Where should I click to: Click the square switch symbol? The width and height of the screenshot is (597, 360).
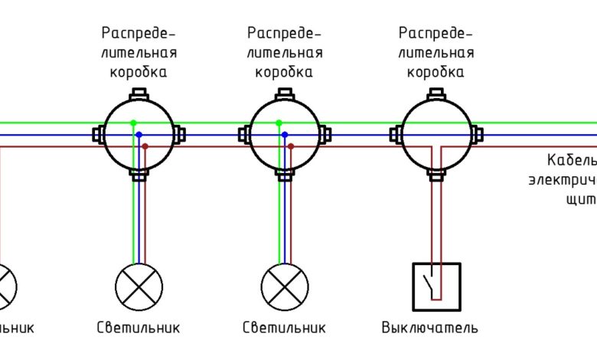(x=437, y=287)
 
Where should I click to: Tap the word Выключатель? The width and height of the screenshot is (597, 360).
(x=430, y=328)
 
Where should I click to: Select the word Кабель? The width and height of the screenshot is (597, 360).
(x=571, y=161)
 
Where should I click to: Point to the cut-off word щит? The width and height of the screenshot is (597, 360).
(x=582, y=198)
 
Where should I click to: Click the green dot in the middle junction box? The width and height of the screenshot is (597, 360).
(x=279, y=123)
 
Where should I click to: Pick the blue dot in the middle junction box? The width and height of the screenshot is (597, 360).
(x=285, y=135)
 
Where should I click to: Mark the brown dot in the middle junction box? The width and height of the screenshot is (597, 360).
(x=291, y=146)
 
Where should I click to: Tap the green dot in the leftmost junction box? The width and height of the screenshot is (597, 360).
(x=133, y=123)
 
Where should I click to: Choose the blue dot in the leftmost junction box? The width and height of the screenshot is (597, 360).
(x=139, y=135)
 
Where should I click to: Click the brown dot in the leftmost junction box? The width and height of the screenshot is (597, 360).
(x=145, y=146)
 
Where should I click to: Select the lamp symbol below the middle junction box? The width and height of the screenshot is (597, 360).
(x=285, y=287)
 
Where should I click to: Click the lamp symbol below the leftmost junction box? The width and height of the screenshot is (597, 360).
(x=139, y=287)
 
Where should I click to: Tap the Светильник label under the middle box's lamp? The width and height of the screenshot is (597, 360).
(x=285, y=328)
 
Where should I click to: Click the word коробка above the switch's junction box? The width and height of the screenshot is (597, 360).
(x=436, y=73)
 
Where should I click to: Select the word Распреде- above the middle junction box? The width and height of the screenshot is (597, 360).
(x=285, y=34)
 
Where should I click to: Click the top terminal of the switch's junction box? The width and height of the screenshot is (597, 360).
(x=436, y=94)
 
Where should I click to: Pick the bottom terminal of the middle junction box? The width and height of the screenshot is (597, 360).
(x=285, y=175)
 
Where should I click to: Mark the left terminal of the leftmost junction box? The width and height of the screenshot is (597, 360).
(x=98, y=135)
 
